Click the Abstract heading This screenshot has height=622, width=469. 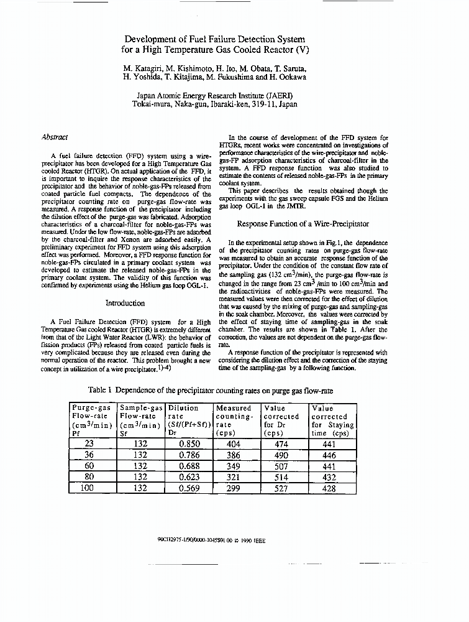point(55,137)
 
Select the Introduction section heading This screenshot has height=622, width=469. point(125,303)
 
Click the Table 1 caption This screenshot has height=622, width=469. point(211,390)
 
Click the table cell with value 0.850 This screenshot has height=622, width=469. point(188,444)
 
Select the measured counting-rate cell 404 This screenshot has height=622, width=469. point(235,444)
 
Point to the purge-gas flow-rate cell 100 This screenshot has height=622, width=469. point(87,488)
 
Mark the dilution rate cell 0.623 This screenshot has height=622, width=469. point(188,477)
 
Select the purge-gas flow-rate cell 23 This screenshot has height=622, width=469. point(87,444)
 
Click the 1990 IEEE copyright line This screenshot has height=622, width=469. point(211,541)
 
